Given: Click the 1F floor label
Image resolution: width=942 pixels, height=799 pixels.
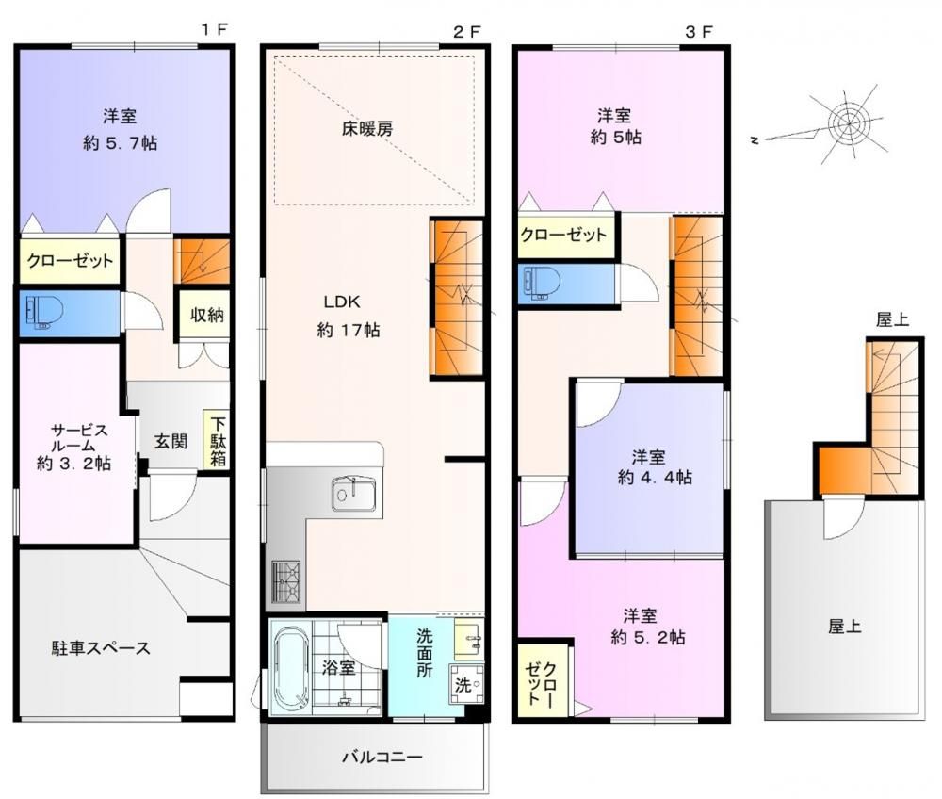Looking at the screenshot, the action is (215, 29).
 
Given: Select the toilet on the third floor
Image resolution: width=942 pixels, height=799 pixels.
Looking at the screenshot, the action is (542, 283).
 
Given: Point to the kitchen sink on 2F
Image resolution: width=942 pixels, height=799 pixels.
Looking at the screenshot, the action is (354, 495).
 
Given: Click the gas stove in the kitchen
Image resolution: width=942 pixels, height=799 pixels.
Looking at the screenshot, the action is (286, 581).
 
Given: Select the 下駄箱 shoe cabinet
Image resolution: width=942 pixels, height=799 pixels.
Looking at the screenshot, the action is (217, 440).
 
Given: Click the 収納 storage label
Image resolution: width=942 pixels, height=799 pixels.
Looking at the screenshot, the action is (206, 315).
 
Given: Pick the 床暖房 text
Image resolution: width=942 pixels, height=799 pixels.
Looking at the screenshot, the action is (367, 129).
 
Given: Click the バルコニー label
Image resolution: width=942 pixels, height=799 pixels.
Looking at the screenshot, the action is (382, 757).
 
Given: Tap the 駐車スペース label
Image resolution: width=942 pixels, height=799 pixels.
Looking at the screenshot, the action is (101, 648).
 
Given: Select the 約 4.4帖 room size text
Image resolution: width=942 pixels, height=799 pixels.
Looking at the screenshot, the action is (655, 478).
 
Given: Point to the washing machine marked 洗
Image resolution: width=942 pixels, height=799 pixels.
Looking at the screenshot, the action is (467, 684).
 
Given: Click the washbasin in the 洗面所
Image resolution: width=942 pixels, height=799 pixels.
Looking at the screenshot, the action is (468, 640).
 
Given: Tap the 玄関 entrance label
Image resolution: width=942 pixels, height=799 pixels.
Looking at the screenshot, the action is (171, 442).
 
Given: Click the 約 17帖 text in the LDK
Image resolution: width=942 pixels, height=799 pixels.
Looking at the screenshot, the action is (349, 330).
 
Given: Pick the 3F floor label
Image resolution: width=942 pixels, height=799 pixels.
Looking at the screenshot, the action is (699, 32).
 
